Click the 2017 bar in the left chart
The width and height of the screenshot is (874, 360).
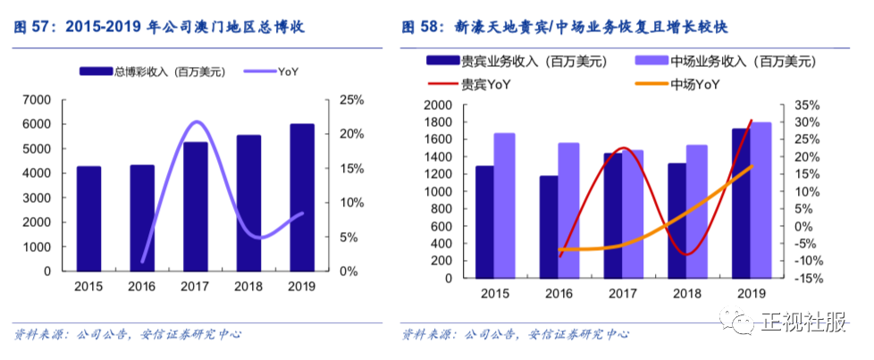(x=196, y=206)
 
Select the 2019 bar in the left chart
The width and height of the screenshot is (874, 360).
(x=302, y=197)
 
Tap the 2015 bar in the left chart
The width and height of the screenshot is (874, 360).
(x=88, y=219)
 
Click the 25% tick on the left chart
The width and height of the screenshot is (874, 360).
(x=350, y=99)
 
